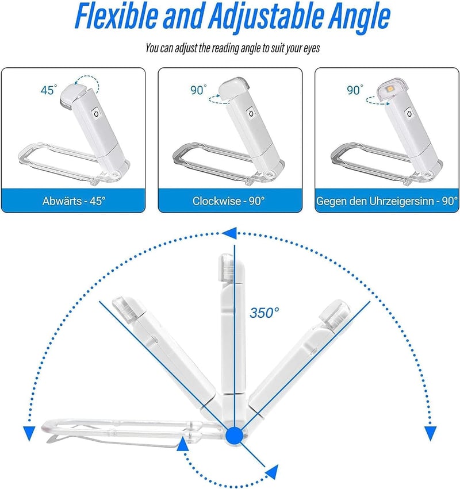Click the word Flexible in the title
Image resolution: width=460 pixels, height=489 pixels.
(116, 16)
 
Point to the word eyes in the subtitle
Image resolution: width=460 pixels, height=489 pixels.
(311, 48)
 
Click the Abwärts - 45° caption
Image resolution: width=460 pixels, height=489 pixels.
(74, 201)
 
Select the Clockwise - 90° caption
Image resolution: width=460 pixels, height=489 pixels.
(229, 201)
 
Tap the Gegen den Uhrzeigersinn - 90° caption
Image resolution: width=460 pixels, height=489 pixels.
(387, 201)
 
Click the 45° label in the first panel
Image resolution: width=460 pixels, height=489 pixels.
(49, 90)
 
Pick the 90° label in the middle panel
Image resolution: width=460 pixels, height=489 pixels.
(198, 90)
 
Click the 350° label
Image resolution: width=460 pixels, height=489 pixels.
(264, 313)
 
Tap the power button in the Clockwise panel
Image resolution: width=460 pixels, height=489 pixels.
(251, 113)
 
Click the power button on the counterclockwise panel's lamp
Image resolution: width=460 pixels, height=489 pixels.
(409, 113)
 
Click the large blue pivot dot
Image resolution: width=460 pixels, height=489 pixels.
(234, 436)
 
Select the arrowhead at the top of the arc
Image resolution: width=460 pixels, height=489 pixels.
(229, 233)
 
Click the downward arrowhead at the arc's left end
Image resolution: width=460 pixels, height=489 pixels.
(29, 433)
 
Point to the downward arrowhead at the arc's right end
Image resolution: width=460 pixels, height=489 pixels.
(430, 433)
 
